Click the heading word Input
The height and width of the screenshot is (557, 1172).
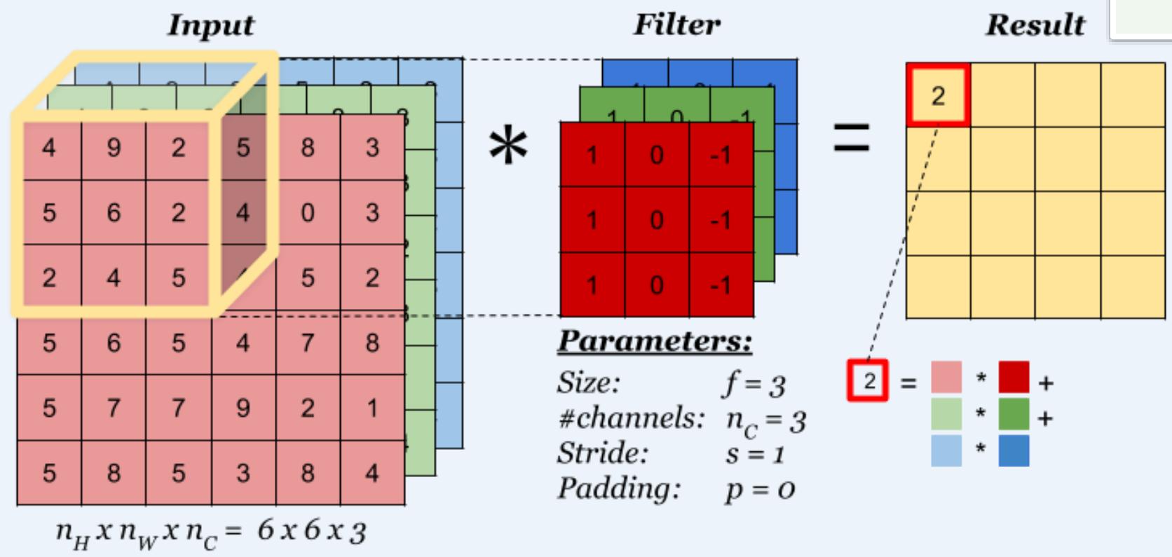[x=210, y=25]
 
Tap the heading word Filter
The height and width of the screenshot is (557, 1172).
[x=676, y=25]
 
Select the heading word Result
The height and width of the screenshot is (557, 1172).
[x=1035, y=25]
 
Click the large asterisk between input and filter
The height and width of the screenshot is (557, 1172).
[x=508, y=148]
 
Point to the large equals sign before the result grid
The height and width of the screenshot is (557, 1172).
[x=851, y=138]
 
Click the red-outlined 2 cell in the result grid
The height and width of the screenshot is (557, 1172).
[x=938, y=95]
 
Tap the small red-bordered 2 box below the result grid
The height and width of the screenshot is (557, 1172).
[x=868, y=380]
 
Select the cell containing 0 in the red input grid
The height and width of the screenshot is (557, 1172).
[x=308, y=212]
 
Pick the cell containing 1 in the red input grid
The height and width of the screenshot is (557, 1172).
[x=372, y=407]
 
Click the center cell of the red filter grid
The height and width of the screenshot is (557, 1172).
[x=657, y=220]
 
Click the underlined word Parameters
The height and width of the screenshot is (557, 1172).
[x=655, y=341]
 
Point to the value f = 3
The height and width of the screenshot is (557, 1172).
[x=754, y=383]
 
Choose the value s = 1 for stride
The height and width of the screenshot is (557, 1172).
[x=754, y=453]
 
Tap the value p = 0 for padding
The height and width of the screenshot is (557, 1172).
[x=760, y=488]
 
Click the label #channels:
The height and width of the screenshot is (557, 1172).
[x=631, y=418]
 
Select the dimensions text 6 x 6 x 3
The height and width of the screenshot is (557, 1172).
[x=311, y=530]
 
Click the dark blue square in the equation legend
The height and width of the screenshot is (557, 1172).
[x=1014, y=451]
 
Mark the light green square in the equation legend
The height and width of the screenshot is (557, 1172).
[x=946, y=414]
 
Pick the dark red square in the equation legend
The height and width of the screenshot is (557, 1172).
[x=1014, y=378]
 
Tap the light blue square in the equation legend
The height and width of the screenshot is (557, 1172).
[x=946, y=451]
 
